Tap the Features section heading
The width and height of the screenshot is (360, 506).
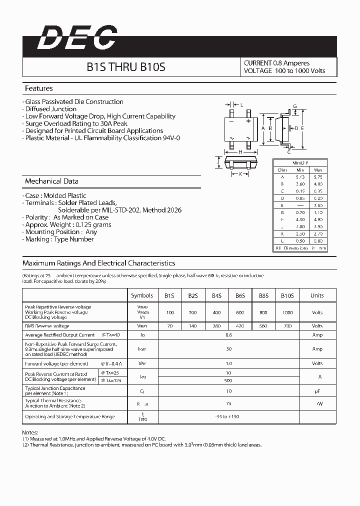pyautogui.click(x=39, y=88)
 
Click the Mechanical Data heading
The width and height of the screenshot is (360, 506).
pyautogui.click(x=51, y=181)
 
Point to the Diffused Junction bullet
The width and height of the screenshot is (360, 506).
pyautogui.click(x=50, y=109)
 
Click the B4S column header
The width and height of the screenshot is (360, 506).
pyautogui.click(x=216, y=295)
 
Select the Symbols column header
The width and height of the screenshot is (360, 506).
pyautogui.click(x=142, y=295)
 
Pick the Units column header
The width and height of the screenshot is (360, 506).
pyautogui.click(x=317, y=295)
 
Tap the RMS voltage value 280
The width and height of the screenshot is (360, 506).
pyautogui.click(x=216, y=326)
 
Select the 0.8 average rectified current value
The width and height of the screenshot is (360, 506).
pyautogui.click(x=228, y=335)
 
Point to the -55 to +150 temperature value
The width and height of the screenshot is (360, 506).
pyautogui.click(x=228, y=416)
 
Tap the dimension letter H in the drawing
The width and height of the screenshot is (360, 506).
pyautogui.click(x=240, y=152)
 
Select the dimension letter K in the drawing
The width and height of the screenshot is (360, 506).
pyautogui.click(x=240, y=174)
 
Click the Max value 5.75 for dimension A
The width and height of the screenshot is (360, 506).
pyautogui.click(x=317, y=177)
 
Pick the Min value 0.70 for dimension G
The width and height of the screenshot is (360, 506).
pyautogui.click(x=300, y=212)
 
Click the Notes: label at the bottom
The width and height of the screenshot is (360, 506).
pyautogui.click(x=30, y=431)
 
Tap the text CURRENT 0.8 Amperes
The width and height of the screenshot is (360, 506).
pyautogui.click(x=276, y=63)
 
